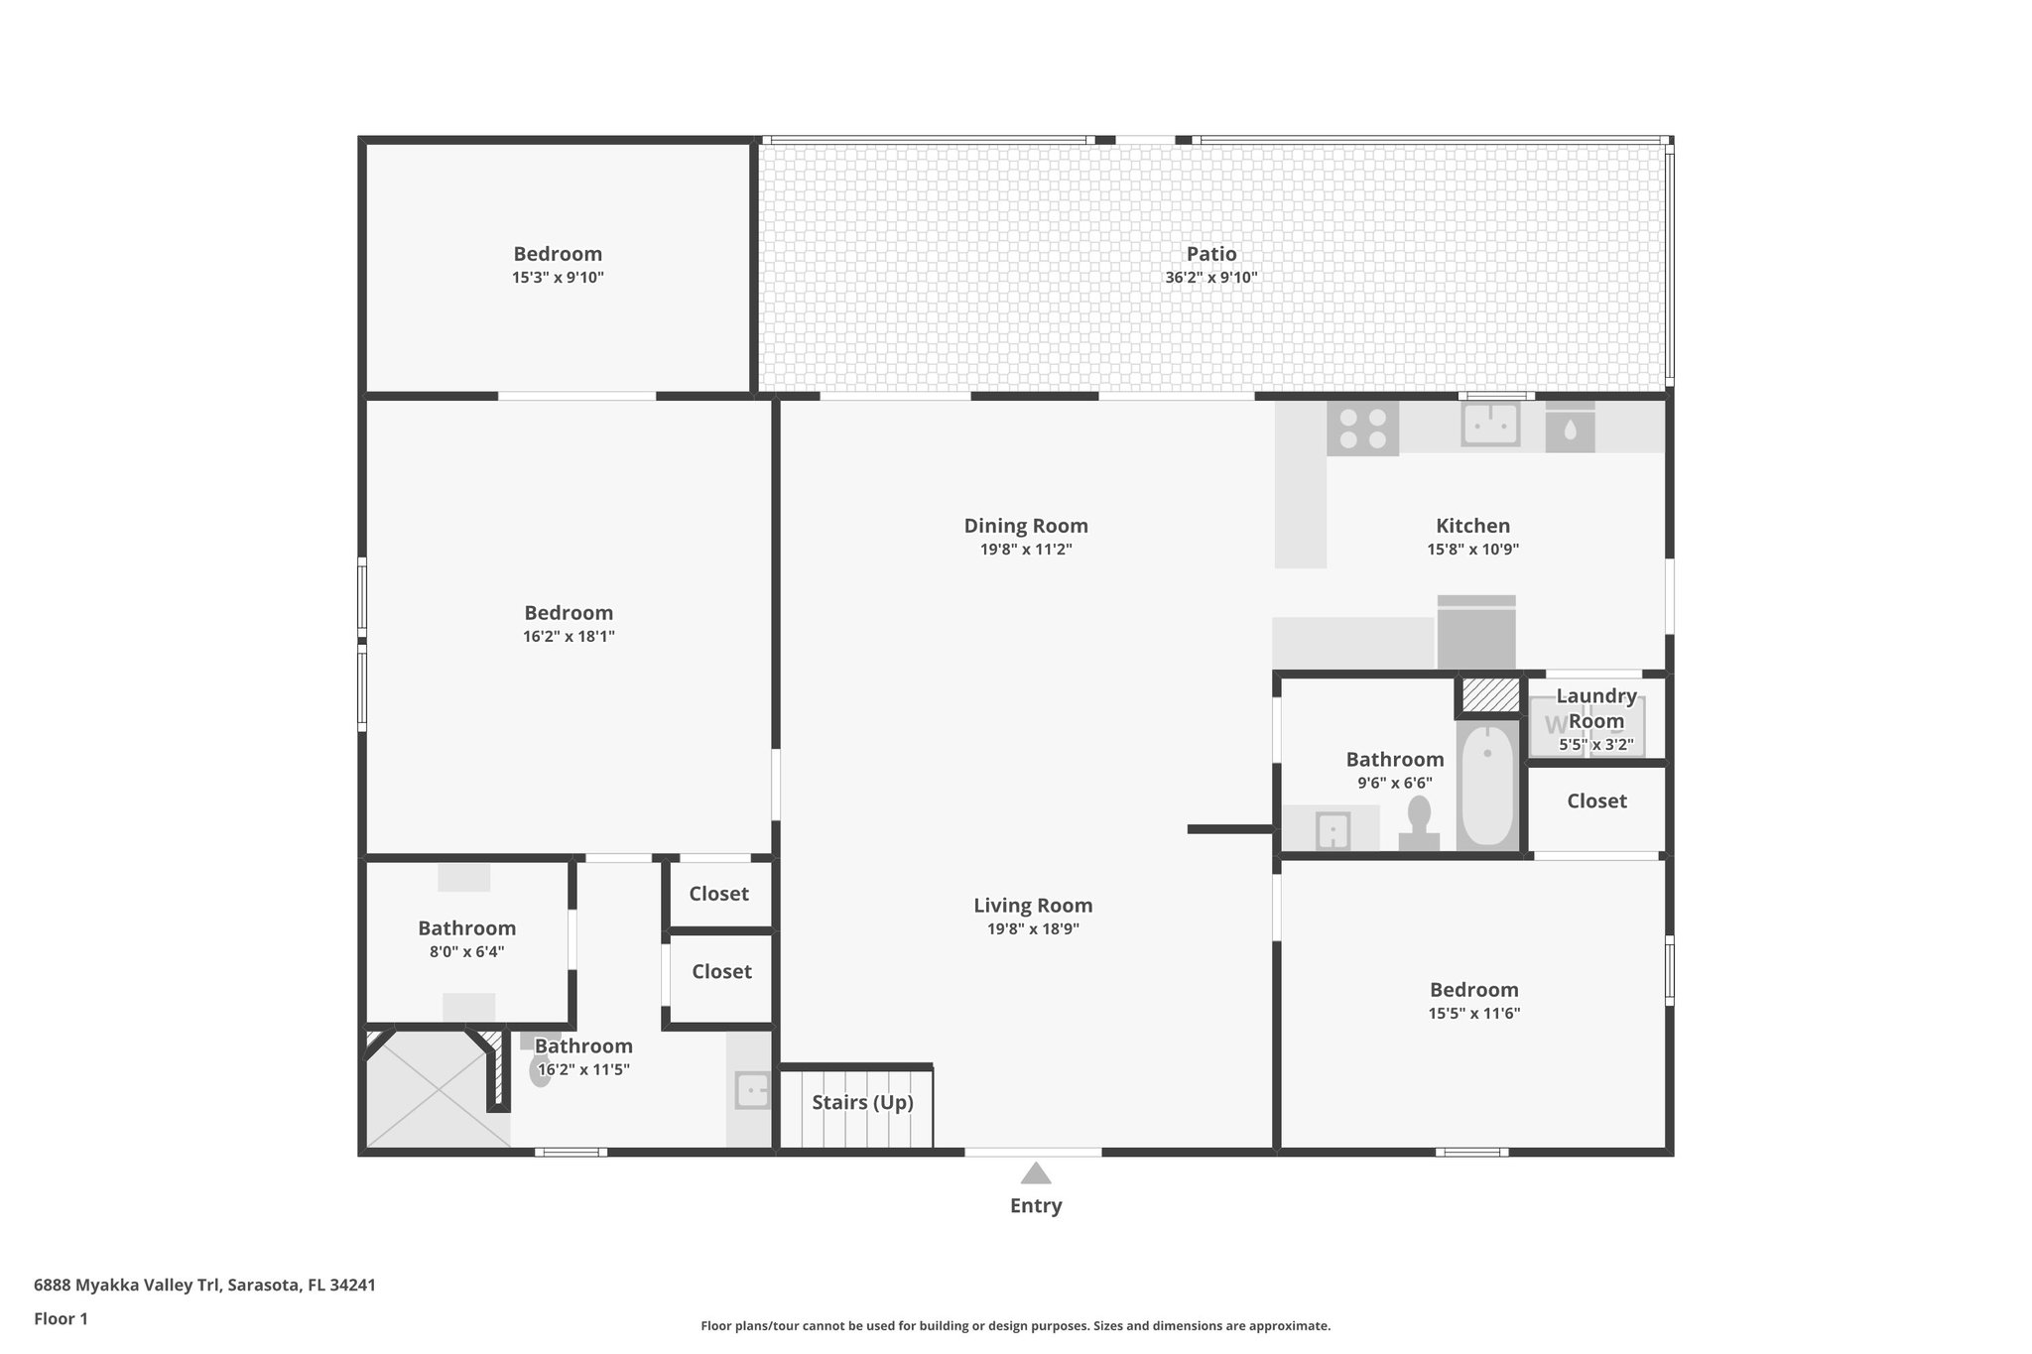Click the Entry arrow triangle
coord(1036,1173)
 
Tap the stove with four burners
coord(1362,429)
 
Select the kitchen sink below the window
coord(1490,426)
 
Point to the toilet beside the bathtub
coord(1419,823)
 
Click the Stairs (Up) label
coord(862,1102)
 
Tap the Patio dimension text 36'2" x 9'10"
coord(1210,278)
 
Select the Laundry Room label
coord(1595,708)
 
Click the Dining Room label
coord(1026,526)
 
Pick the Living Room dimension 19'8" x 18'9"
coord(1033,929)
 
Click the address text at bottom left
coord(204,1285)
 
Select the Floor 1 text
coord(61,1318)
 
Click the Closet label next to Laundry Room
coord(1596,800)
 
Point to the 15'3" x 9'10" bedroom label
coord(558,254)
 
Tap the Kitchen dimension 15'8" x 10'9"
coord(1472,550)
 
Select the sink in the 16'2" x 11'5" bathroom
coord(752,1090)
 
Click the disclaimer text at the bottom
coord(1015,1325)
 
